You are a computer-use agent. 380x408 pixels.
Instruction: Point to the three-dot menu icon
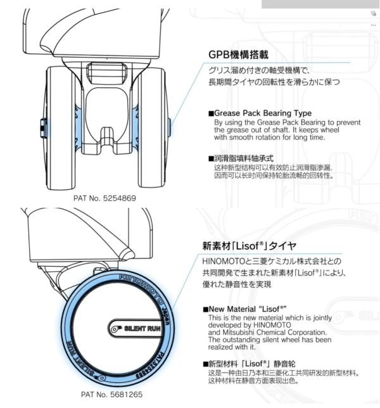click(x=374, y=25)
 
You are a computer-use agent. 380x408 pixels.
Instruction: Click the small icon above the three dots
click(x=374, y=13)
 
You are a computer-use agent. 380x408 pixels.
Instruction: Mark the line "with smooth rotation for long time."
click(x=269, y=137)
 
